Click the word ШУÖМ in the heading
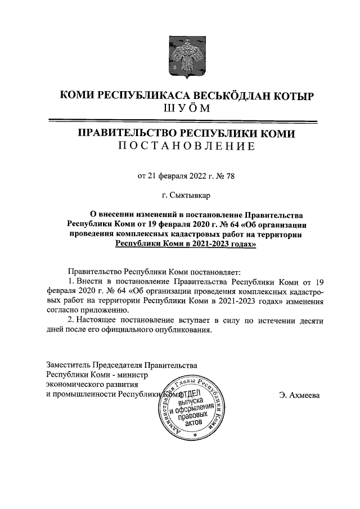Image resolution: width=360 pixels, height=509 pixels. tap(179, 109)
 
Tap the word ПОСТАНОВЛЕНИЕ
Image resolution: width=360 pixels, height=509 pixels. tap(180, 147)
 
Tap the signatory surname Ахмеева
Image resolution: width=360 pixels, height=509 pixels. tap(303, 395)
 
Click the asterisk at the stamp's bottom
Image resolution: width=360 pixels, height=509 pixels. tap(194, 436)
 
